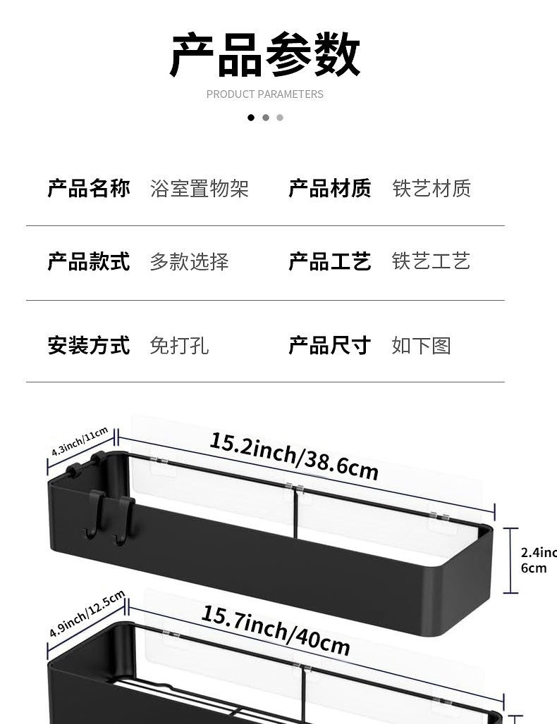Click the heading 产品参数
pyautogui.click(x=265, y=55)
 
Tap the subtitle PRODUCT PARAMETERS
pyautogui.click(x=265, y=94)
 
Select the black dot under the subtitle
pyautogui.click(x=251, y=118)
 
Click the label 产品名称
pyautogui.click(x=89, y=189)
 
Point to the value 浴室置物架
pyautogui.click(x=200, y=189)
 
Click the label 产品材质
pyautogui.click(x=330, y=189)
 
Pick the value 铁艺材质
pyautogui.click(x=431, y=189)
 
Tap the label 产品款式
pyautogui.click(x=89, y=262)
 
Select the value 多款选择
pyautogui.click(x=190, y=262)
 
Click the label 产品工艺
pyautogui.click(x=330, y=262)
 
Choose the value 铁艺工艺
pyautogui.click(x=431, y=262)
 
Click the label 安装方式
pyautogui.click(x=89, y=346)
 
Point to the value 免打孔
pyautogui.click(x=180, y=346)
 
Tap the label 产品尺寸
pyautogui.click(x=330, y=346)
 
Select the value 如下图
pyautogui.click(x=422, y=346)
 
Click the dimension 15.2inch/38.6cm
pyautogui.click(x=294, y=456)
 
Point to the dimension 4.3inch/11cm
pyautogui.click(x=80, y=442)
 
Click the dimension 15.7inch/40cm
pyautogui.click(x=276, y=630)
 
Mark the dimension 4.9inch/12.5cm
pyautogui.click(x=87, y=614)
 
